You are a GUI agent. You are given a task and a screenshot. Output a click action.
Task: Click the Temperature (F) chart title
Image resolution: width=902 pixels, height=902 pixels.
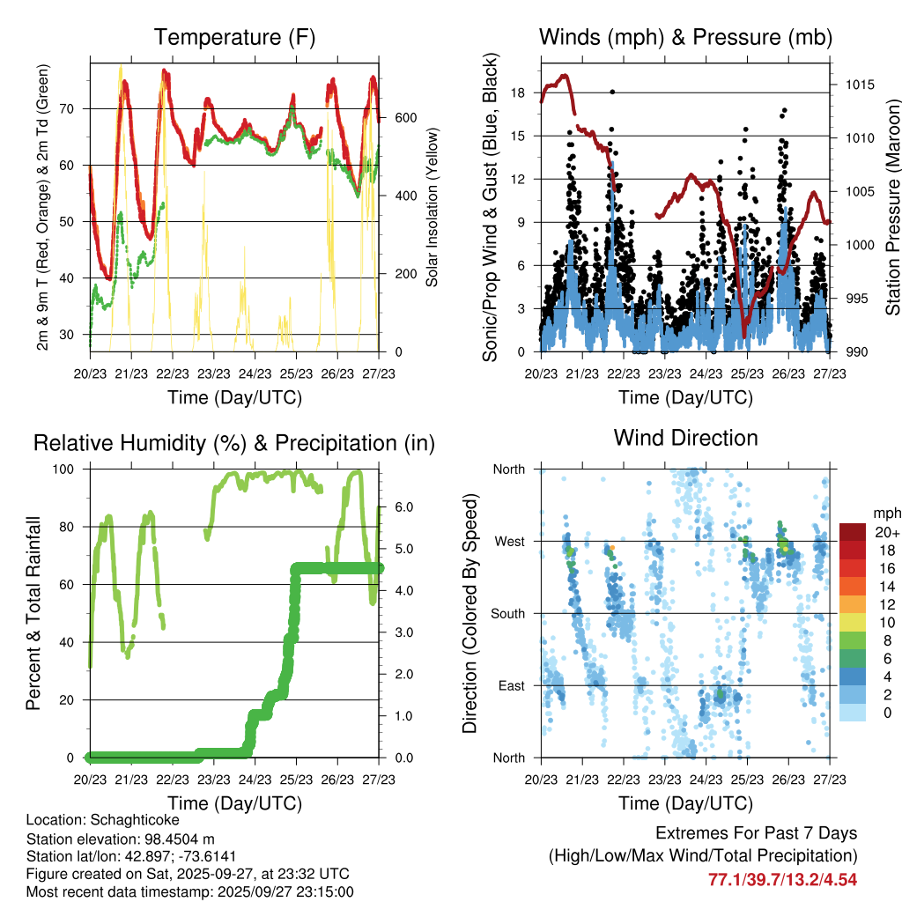tap(233, 37)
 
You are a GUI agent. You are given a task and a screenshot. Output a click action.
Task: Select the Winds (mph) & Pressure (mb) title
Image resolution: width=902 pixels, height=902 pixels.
tap(685, 37)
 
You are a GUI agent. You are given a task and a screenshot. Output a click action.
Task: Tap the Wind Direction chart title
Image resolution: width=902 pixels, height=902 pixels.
tap(685, 438)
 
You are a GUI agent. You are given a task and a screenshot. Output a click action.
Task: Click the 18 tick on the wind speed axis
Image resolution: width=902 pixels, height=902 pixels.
tap(518, 92)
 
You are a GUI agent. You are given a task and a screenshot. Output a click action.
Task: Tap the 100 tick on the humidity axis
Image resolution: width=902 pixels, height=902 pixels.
tap(68, 469)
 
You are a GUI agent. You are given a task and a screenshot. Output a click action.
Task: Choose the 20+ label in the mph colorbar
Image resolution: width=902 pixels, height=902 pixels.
tap(886, 532)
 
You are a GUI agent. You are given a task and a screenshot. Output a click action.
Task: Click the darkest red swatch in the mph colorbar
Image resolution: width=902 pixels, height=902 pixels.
tap(853, 532)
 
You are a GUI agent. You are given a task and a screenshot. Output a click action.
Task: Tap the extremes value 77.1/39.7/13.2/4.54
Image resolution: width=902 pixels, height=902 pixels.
tap(782, 879)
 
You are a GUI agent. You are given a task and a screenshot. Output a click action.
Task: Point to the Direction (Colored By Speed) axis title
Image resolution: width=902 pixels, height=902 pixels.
tap(469, 614)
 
